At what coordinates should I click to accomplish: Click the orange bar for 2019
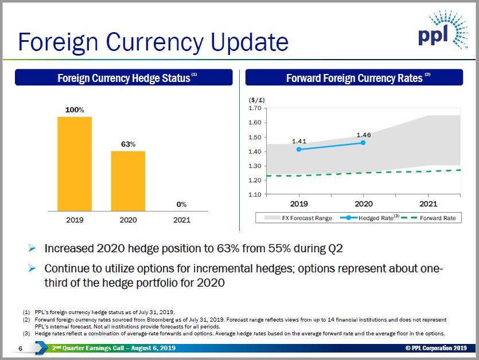pos(75,164)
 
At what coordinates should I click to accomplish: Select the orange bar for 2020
pos(128,181)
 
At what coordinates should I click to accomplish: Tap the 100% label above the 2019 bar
pos(75,109)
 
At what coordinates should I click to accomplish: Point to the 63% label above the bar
pos(128,144)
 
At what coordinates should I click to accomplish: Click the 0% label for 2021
pos(181,205)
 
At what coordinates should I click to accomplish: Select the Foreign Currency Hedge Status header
pos(124,78)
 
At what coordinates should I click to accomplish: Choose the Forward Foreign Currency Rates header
pos(354,78)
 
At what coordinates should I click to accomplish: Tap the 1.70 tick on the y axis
pos(255,108)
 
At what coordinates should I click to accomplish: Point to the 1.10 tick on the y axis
pos(255,194)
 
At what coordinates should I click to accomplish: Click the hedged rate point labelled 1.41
pos(298,149)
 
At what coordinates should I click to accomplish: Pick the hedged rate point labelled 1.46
pos(363,142)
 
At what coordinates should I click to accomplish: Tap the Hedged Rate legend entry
pos(376,218)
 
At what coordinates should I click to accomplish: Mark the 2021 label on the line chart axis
pos(428,204)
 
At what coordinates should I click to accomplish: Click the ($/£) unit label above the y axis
pos(257,100)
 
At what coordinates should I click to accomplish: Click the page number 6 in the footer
pos(20,349)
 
